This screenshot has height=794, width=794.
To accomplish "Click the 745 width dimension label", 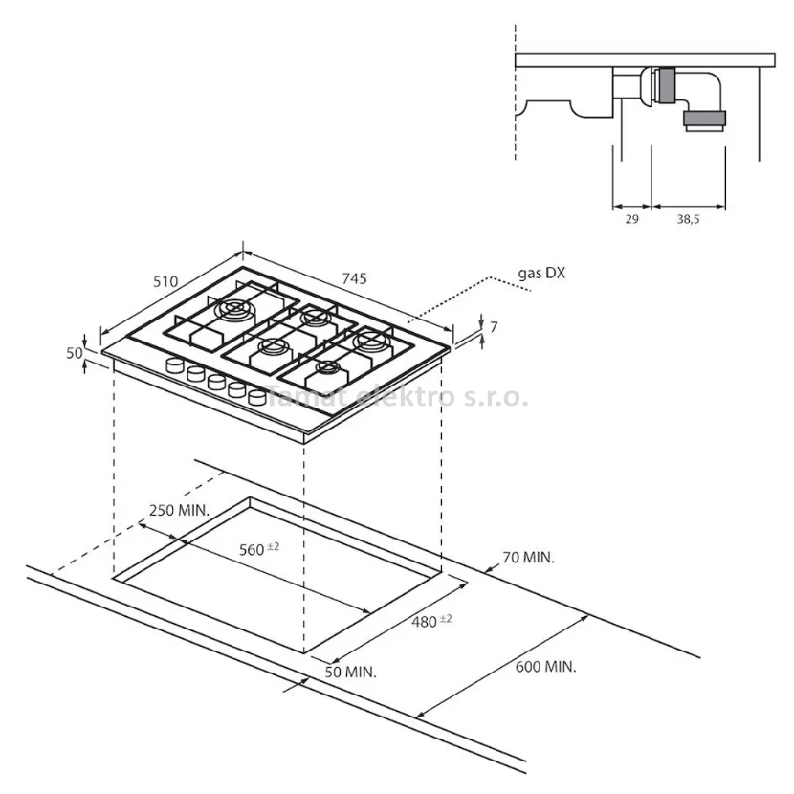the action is (354, 278).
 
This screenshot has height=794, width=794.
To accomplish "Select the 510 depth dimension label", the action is (165, 281).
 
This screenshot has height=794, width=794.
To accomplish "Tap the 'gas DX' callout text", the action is (541, 274).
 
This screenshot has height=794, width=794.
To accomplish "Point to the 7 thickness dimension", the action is (494, 327).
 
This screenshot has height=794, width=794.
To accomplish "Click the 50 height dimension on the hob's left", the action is (75, 353).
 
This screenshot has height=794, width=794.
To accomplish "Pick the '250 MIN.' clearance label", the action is (179, 511).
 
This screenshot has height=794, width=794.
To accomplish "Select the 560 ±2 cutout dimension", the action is (258, 549).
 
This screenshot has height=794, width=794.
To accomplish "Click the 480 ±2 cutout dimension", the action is (431, 621).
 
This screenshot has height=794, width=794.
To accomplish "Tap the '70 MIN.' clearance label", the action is (529, 558).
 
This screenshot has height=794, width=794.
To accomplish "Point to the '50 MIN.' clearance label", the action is (351, 673).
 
